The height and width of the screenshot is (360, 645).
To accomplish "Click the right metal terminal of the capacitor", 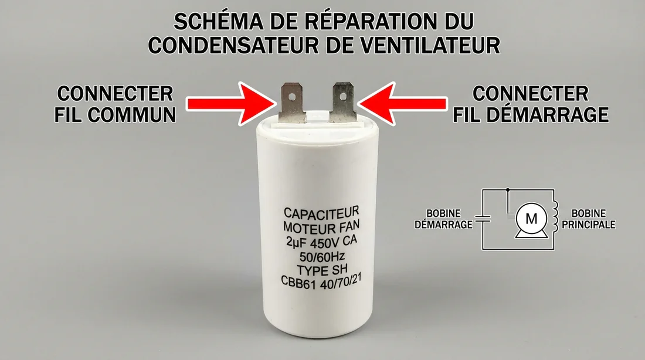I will (341, 100).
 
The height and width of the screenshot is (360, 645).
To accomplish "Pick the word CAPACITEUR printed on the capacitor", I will (321, 212).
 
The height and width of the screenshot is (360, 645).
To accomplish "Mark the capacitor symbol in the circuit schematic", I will (482, 218).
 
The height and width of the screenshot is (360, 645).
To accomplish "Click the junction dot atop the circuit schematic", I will (508, 190).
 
